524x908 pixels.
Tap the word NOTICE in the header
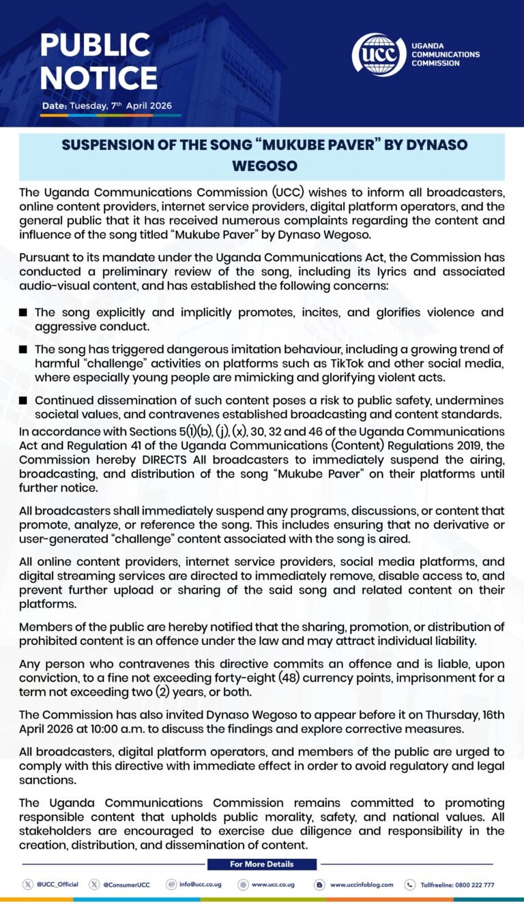pos(98,77)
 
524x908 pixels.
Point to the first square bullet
pos(24,312)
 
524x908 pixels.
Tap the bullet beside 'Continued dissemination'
pos(24,401)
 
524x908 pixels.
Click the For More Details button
pos(262,864)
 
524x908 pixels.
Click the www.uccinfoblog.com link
pos(362,884)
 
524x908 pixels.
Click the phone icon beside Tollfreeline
pos(410,884)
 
